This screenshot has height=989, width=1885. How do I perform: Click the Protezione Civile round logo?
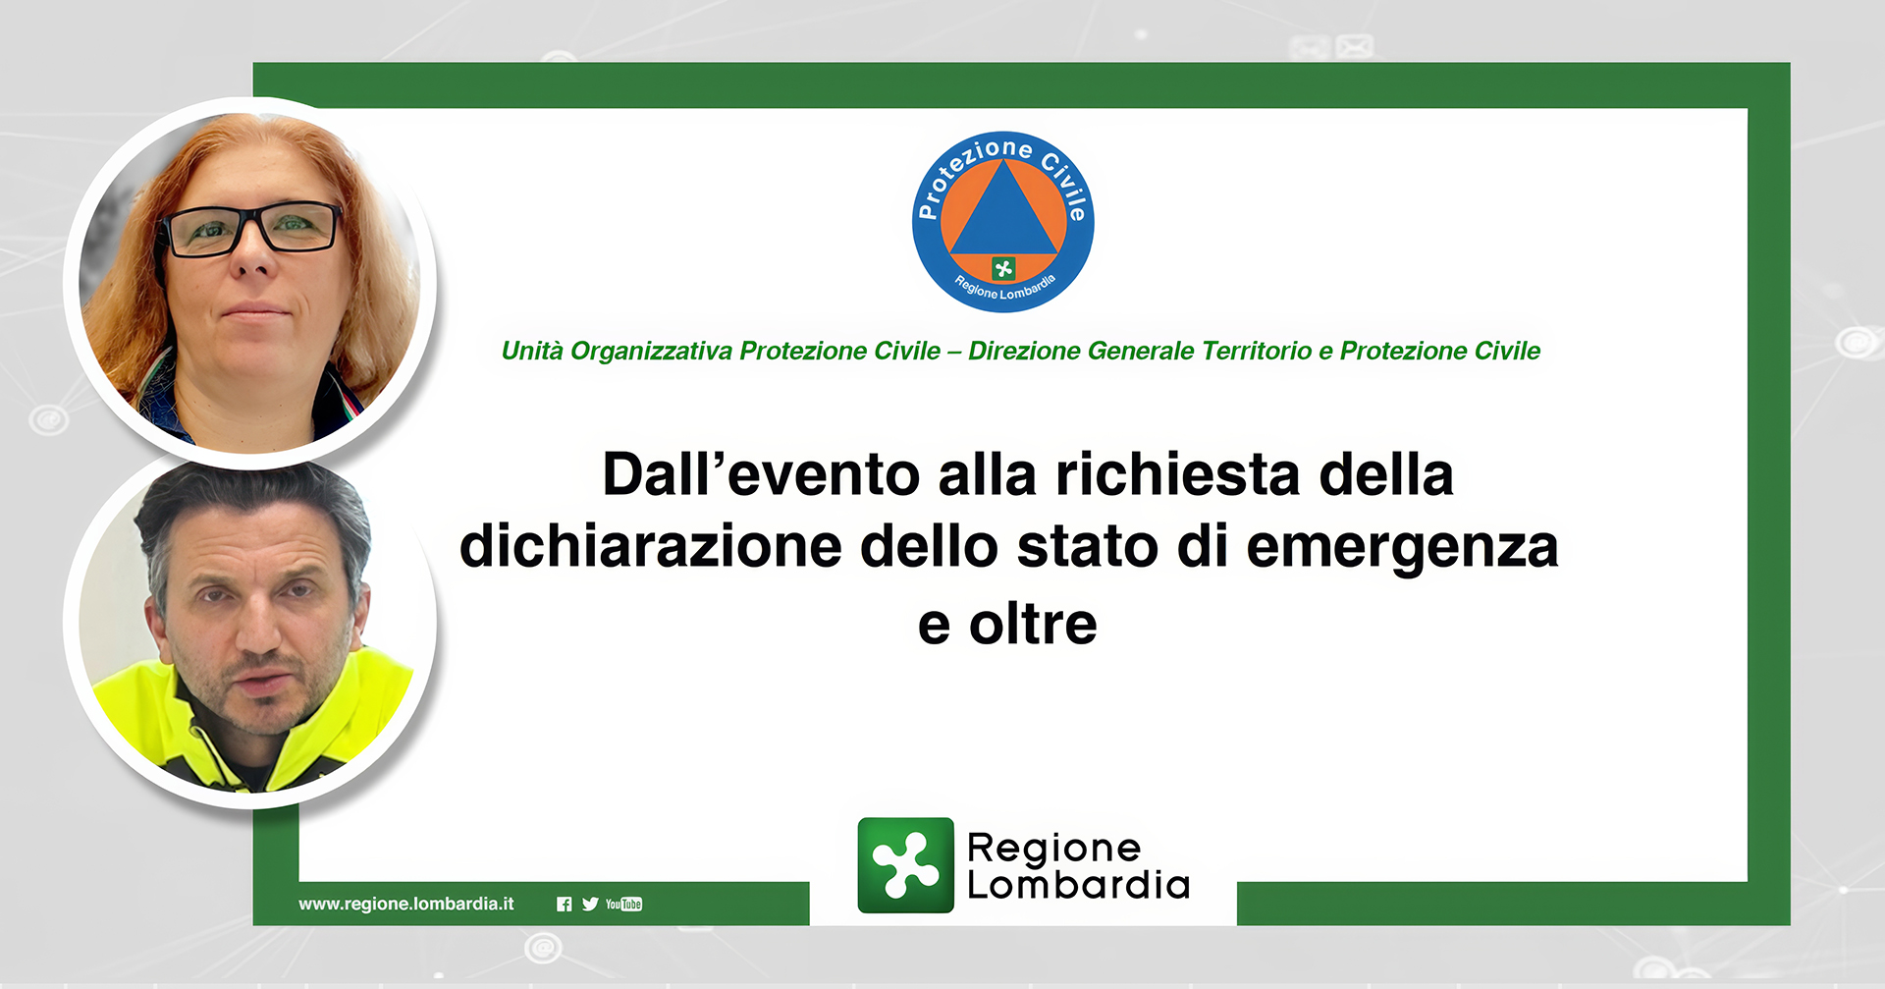tap(1002, 222)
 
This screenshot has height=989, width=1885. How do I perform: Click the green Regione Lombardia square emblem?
tap(905, 865)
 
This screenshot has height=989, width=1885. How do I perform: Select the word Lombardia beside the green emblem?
tap(1078, 885)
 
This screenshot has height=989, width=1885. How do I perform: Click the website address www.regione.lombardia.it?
tap(406, 904)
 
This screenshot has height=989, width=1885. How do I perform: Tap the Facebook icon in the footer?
tap(564, 905)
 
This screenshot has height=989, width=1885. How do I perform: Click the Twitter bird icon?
tap(590, 905)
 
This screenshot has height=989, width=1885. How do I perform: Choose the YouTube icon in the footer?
tap(623, 905)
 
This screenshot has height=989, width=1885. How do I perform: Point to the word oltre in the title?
tap(1033, 624)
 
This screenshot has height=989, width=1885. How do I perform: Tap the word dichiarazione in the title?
tap(651, 546)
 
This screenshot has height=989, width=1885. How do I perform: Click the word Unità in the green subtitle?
tap(532, 351)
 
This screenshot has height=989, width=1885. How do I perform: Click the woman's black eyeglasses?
tap(253, 229)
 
